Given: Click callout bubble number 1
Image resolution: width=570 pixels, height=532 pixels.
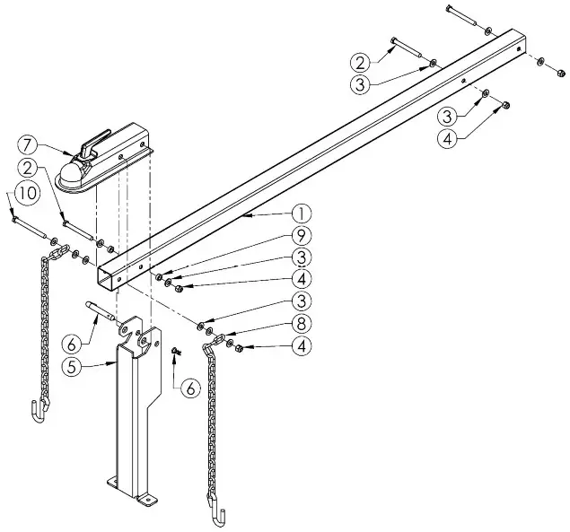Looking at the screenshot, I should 302,214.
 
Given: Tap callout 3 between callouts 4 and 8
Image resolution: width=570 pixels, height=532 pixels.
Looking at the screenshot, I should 302,301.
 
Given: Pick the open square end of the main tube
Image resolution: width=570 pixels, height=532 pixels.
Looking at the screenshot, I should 111,275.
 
